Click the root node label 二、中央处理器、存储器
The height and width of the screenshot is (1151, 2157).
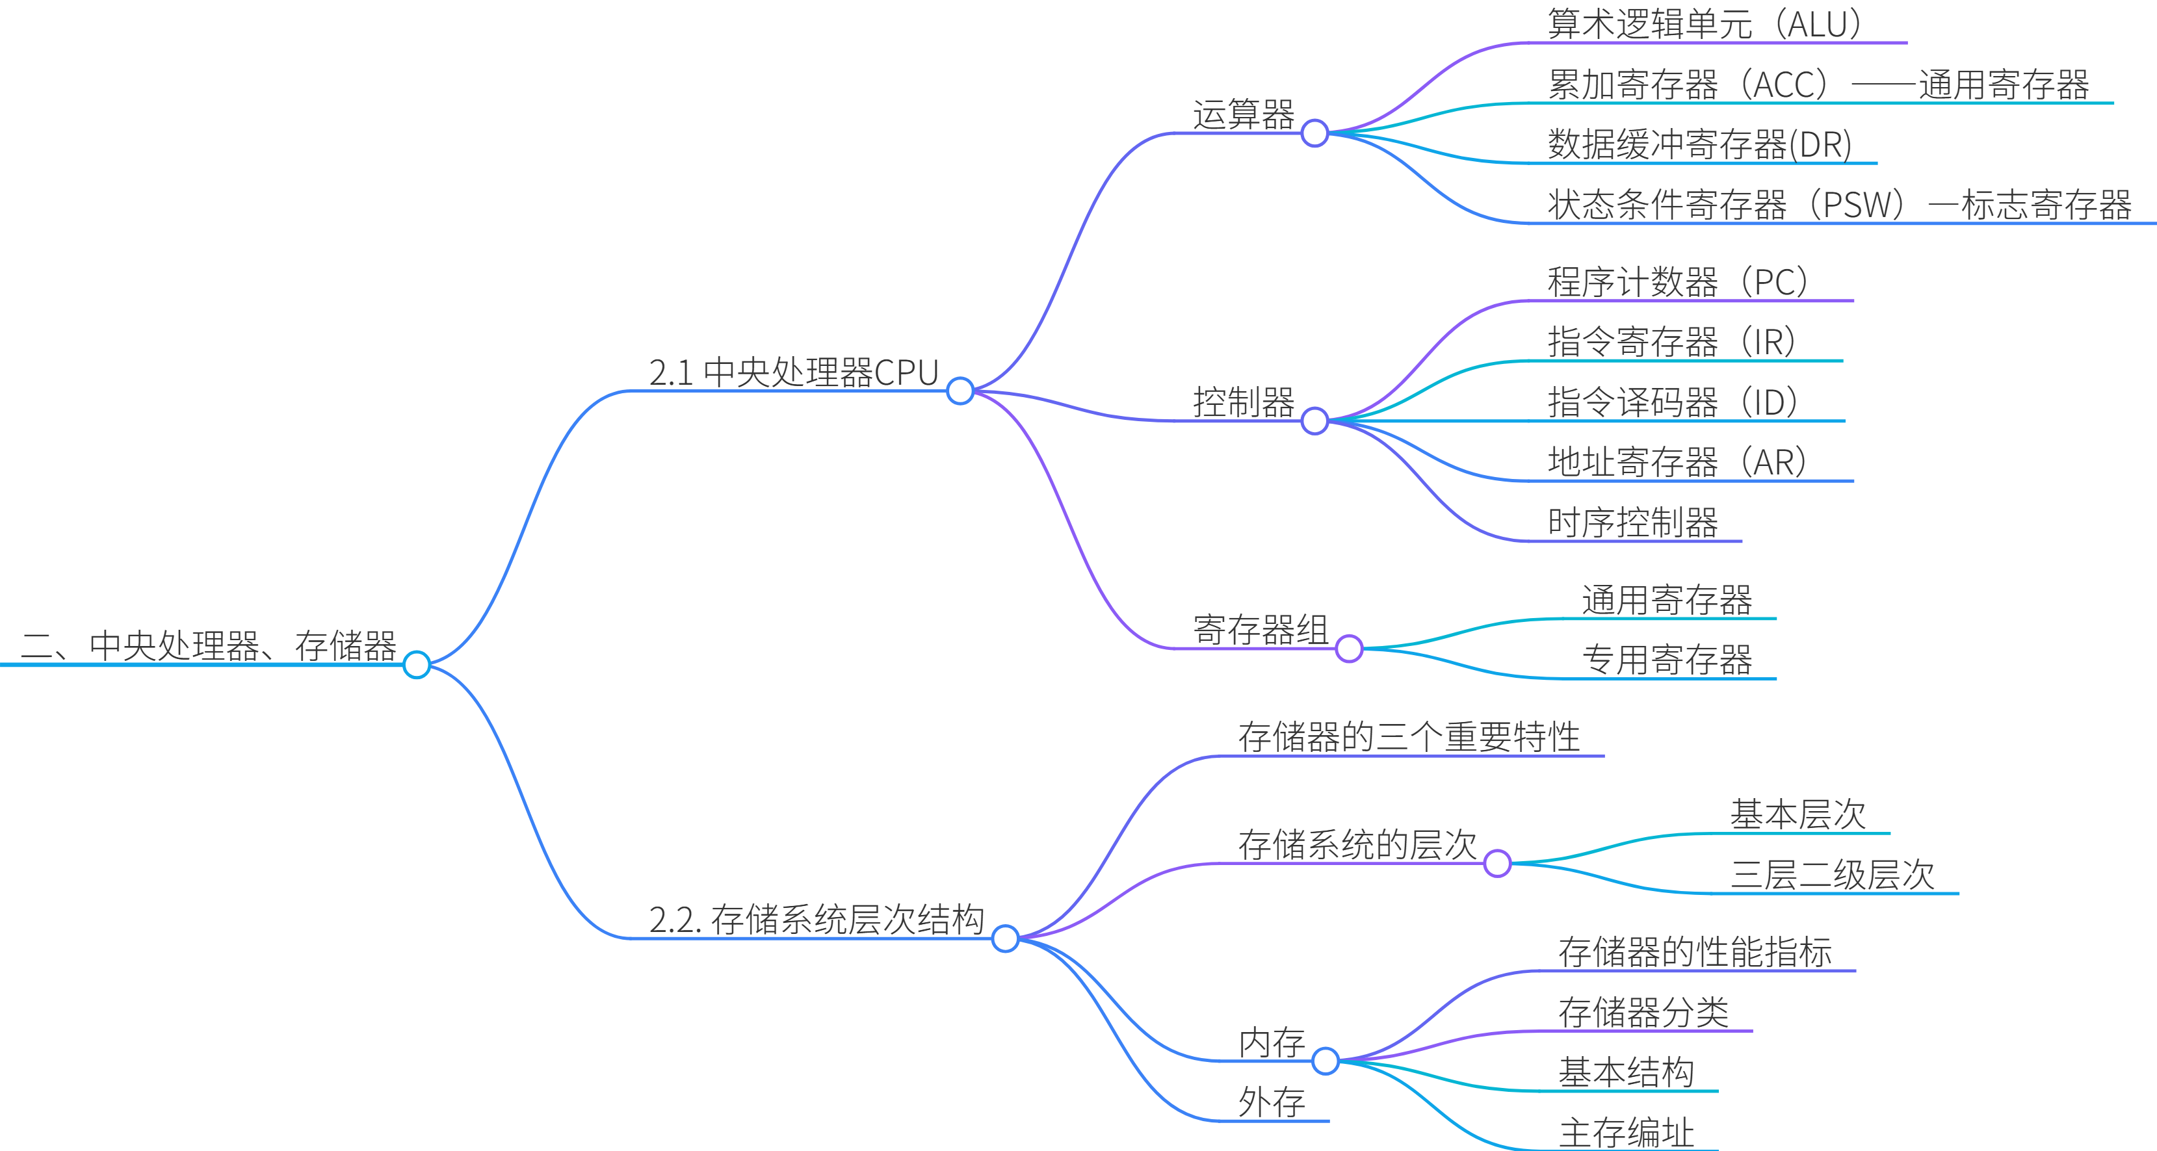(207, 645)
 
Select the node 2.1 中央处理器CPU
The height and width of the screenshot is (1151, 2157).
(793, 372)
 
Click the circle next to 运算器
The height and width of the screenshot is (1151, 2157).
(1314, 133)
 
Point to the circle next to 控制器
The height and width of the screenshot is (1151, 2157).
(1314, 420)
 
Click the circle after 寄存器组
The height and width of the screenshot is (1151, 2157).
(1349, 648)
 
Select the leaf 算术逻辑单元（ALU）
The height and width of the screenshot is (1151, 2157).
(1703, 23)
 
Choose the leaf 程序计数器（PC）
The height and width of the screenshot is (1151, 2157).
(1677, 282)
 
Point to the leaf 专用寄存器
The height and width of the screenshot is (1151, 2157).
(1666, 660)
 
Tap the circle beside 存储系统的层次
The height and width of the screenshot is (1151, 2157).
(1497, 862)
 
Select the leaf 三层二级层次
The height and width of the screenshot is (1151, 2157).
(1832, 875)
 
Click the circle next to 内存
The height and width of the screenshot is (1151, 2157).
(1326, 1061)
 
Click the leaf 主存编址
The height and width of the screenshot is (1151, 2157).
(1626, 1133)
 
